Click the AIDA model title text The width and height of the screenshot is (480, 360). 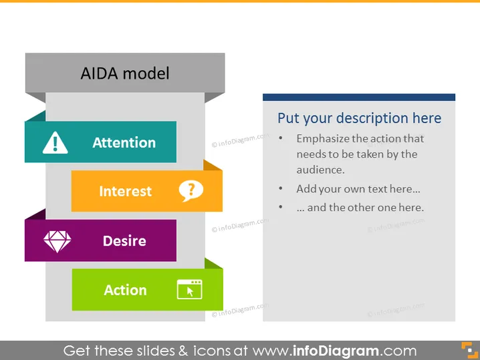[125, 73]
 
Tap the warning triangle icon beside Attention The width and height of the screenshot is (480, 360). [55, 142]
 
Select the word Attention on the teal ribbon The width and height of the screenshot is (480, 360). [124, 142]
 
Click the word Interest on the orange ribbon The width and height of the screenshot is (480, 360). [125, 191]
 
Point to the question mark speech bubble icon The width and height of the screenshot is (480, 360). [191, 191]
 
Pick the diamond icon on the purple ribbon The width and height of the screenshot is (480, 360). [57, 241]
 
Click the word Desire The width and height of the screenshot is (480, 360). [124, 240]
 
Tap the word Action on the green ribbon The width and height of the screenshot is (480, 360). [125, 290]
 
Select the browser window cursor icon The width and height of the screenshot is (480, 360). [189, 289]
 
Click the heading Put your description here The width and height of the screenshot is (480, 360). [360, 118]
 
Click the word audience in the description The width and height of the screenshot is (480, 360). [320, 170]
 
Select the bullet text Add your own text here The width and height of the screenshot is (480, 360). [358, 189]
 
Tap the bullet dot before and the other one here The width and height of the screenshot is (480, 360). [281, 207]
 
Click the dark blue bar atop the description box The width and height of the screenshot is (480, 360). [359, 98]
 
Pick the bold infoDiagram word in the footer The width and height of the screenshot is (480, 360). [336, 351]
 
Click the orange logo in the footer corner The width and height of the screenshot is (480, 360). [469, 350]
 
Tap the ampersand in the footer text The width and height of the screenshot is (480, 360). [183, 351]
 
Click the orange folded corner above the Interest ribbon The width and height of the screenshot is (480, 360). [213, 165]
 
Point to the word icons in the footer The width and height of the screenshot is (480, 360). [212, 351]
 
